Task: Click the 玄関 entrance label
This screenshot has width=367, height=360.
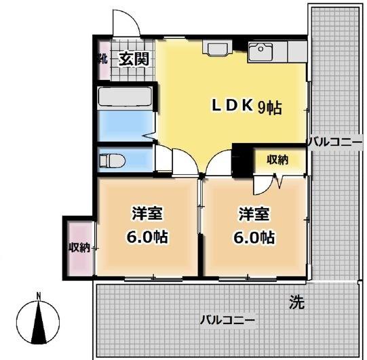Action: tap(134, 59)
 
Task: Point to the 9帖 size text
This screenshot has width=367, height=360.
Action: tap(269, 106)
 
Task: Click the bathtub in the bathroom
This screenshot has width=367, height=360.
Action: tap(126, 98)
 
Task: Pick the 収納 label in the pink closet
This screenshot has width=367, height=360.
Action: tap(79, 247)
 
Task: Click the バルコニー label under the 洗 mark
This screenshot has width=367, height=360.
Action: tap(227, 319)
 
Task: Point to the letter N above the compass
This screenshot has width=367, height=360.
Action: tap(39, 296)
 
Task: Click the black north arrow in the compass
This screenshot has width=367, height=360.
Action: tap(39, 323)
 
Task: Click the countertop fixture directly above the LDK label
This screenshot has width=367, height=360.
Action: tap(218, 49)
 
